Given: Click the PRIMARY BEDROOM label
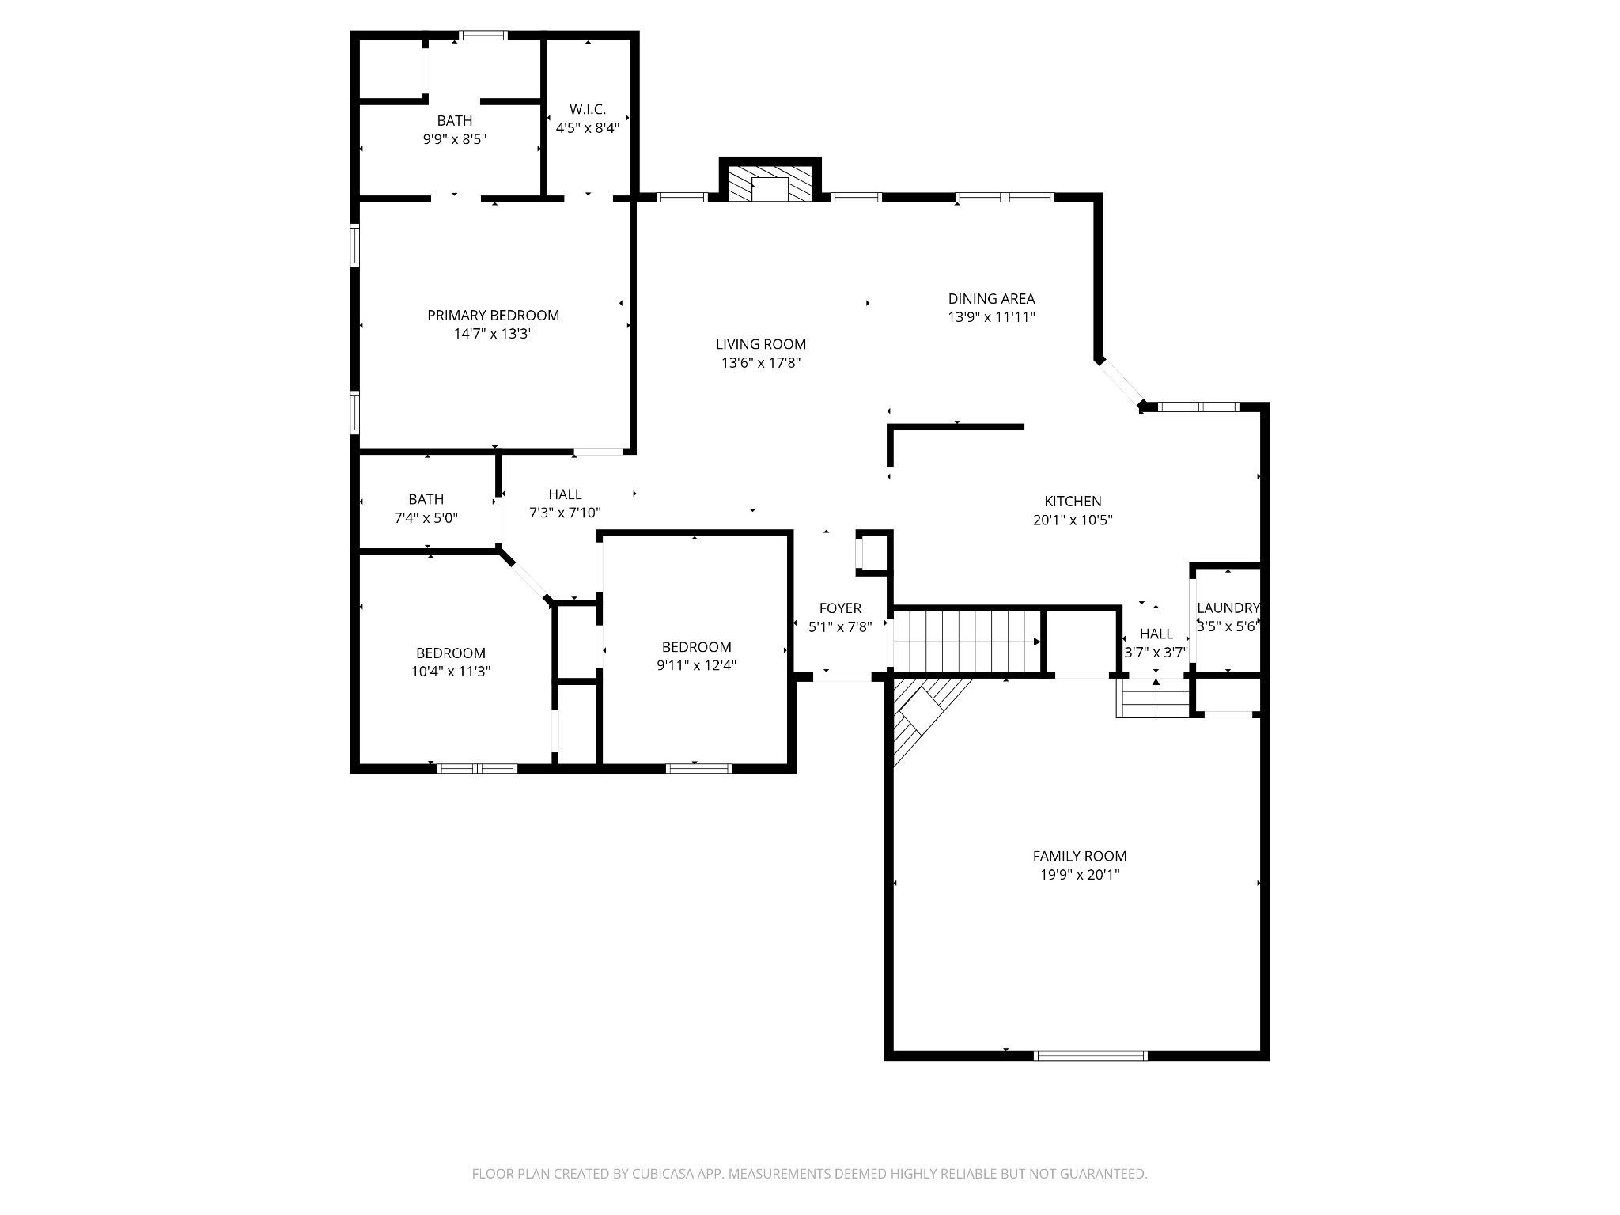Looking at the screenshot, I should coord(493,316).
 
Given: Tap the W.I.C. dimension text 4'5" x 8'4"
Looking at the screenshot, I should coord(587,128).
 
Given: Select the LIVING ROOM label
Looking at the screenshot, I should coord(760,344).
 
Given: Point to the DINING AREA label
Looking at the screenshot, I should coord(991,299).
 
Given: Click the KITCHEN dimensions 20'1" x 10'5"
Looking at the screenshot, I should coord(1073,520).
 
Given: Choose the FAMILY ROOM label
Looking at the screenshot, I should coord(1079,856).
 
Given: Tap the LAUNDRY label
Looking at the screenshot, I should coord(1227,608).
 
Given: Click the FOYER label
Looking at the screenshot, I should coord(839,608).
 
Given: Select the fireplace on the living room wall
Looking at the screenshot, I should coord(770,184).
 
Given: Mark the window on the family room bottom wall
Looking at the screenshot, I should coord(1090,1055).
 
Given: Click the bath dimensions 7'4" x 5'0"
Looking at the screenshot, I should coord(426,519).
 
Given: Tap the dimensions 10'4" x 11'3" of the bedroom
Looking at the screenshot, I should coord(450,672).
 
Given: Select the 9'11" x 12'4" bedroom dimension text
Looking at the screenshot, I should coord(696,666).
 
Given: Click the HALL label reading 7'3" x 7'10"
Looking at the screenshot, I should coord(565,495).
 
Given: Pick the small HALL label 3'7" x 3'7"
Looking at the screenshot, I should coord(1156,634).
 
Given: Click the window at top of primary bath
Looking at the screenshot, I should coord(483,35).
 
